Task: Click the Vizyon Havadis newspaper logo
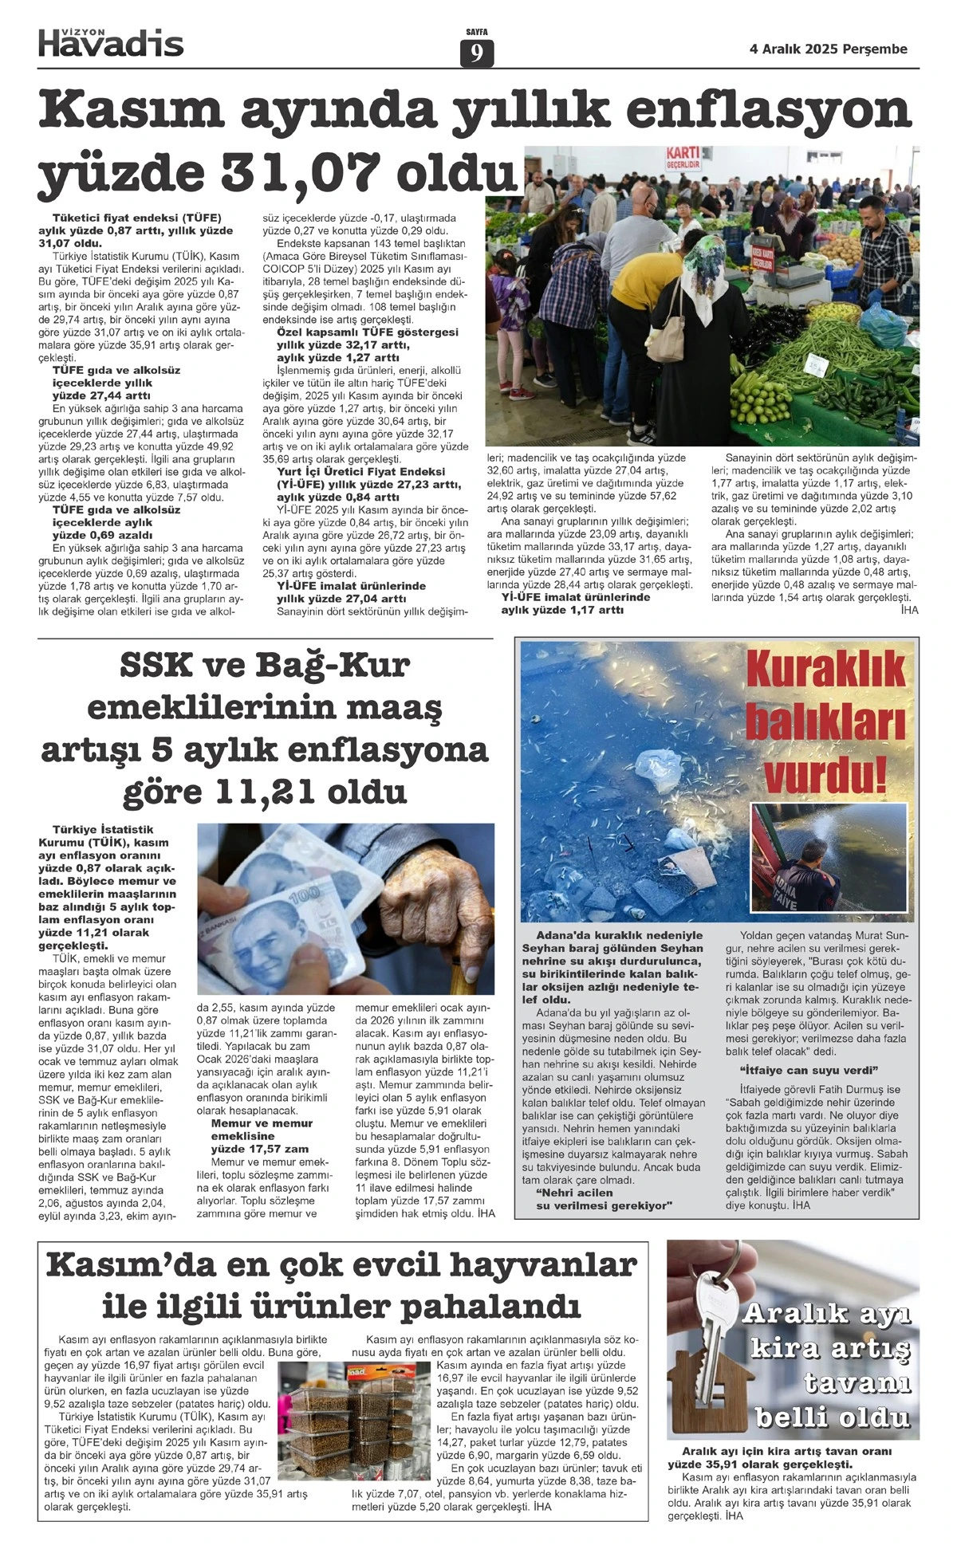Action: (x=111, y=41)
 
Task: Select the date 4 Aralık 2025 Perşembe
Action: (x=828, y=49)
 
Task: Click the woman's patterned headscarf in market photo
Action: (x=702, y=262)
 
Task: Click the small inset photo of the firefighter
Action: (x=829, y=857)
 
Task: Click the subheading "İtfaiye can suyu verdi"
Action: (x=809, y=1069)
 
